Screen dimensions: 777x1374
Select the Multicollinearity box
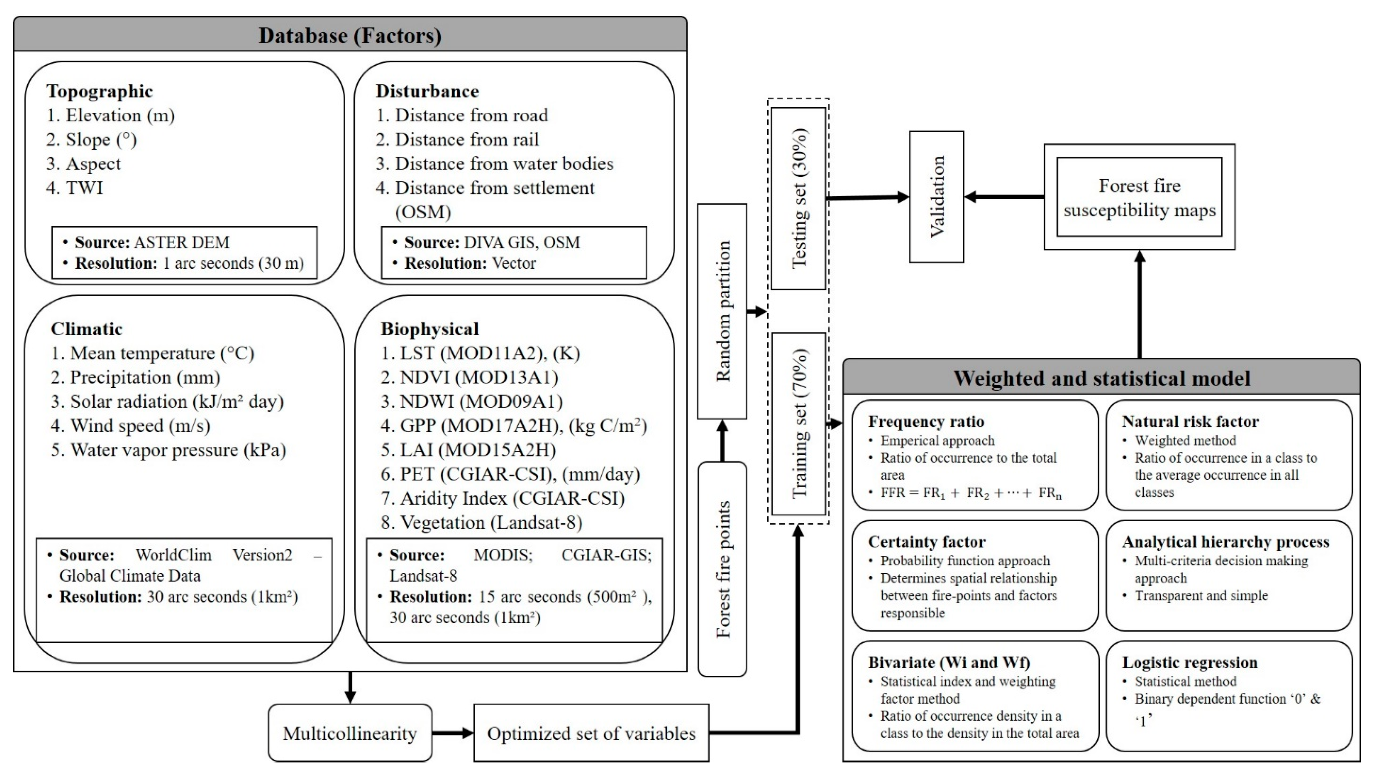[x=350, y=733]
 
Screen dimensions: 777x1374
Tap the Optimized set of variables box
[x=591, y=733]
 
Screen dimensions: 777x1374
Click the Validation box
[x=937, y=197]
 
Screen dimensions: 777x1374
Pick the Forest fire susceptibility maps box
[x=1139, y=198]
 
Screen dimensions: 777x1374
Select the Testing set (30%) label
[x=799, y=198]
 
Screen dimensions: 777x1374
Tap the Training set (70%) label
[x=799, y=424]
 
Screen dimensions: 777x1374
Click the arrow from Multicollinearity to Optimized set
[x=453, y=733]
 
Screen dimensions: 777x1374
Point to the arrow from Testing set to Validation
[x=867, y=198]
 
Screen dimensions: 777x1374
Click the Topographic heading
[x=100, y=91]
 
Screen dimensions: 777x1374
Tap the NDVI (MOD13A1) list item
[x=470, y=377]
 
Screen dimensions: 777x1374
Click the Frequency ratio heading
[x=926, y=422]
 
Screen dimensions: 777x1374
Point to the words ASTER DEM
[x=181, y=242]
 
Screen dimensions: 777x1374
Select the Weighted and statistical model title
[x=1101, y=378]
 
